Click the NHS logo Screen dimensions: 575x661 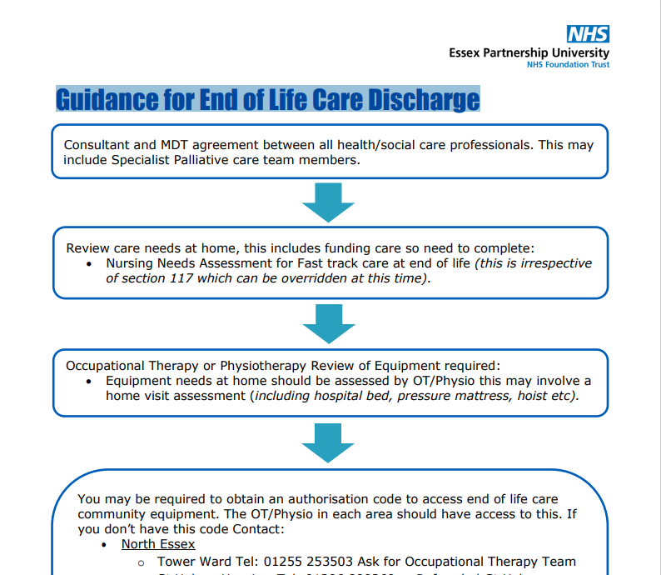tap(588, 34)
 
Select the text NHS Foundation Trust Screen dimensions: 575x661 tap(568, 65)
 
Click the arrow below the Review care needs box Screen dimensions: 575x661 tap(328, 322)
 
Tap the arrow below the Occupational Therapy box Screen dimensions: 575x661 tap(328, 442)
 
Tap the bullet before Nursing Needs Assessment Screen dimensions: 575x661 tap(90, 263)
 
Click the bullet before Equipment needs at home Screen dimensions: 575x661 tap(90, 381)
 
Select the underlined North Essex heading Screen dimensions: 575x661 tap(158, 544)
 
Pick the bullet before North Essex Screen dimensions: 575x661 tap(103, 545)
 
